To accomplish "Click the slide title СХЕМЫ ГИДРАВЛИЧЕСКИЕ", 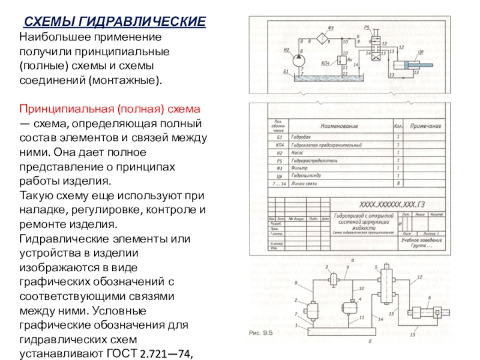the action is point(115,22).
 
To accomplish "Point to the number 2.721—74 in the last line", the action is point(166,355).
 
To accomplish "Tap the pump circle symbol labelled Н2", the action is point(298,60).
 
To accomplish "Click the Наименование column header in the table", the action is point(339,127).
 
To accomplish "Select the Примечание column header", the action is point(426,127).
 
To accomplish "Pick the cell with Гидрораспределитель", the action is point(314,161).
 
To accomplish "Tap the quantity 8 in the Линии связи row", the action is point(398,184).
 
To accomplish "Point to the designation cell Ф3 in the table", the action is point(278,168).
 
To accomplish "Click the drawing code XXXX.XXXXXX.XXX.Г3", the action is point(388,204).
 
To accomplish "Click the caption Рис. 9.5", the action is point(261,332).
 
